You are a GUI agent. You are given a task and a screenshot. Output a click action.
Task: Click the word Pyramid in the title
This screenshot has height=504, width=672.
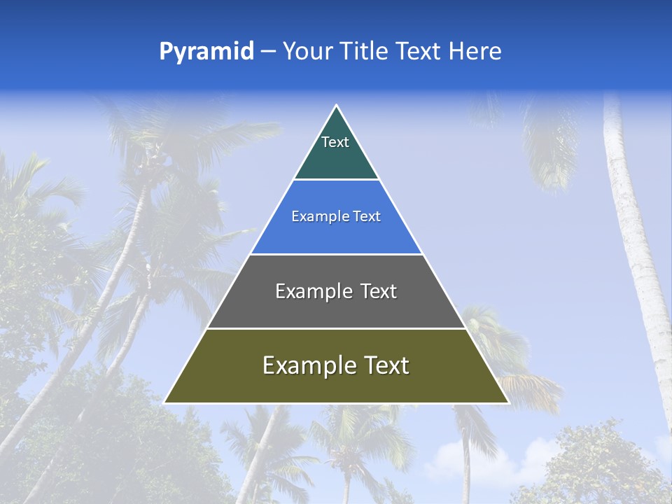click(206, 52)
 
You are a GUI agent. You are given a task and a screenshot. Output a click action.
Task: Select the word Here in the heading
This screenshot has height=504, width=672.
click(475, 51)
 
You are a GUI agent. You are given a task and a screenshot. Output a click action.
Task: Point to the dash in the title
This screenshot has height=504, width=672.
click(268, 52)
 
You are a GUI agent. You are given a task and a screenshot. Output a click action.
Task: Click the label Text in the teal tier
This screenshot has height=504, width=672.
click(335, 142)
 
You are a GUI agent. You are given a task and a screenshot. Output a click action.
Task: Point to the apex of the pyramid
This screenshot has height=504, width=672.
click(337, 106)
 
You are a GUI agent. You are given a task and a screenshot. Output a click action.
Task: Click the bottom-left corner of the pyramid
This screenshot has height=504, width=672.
click(165, 402)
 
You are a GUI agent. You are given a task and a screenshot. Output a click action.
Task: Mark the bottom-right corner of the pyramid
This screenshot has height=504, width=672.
click(507, 402)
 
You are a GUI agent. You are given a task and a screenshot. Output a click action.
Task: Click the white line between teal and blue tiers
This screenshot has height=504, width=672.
click(337, 180)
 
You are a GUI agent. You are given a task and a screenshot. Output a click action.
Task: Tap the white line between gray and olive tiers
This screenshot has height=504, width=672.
click(337, 328)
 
